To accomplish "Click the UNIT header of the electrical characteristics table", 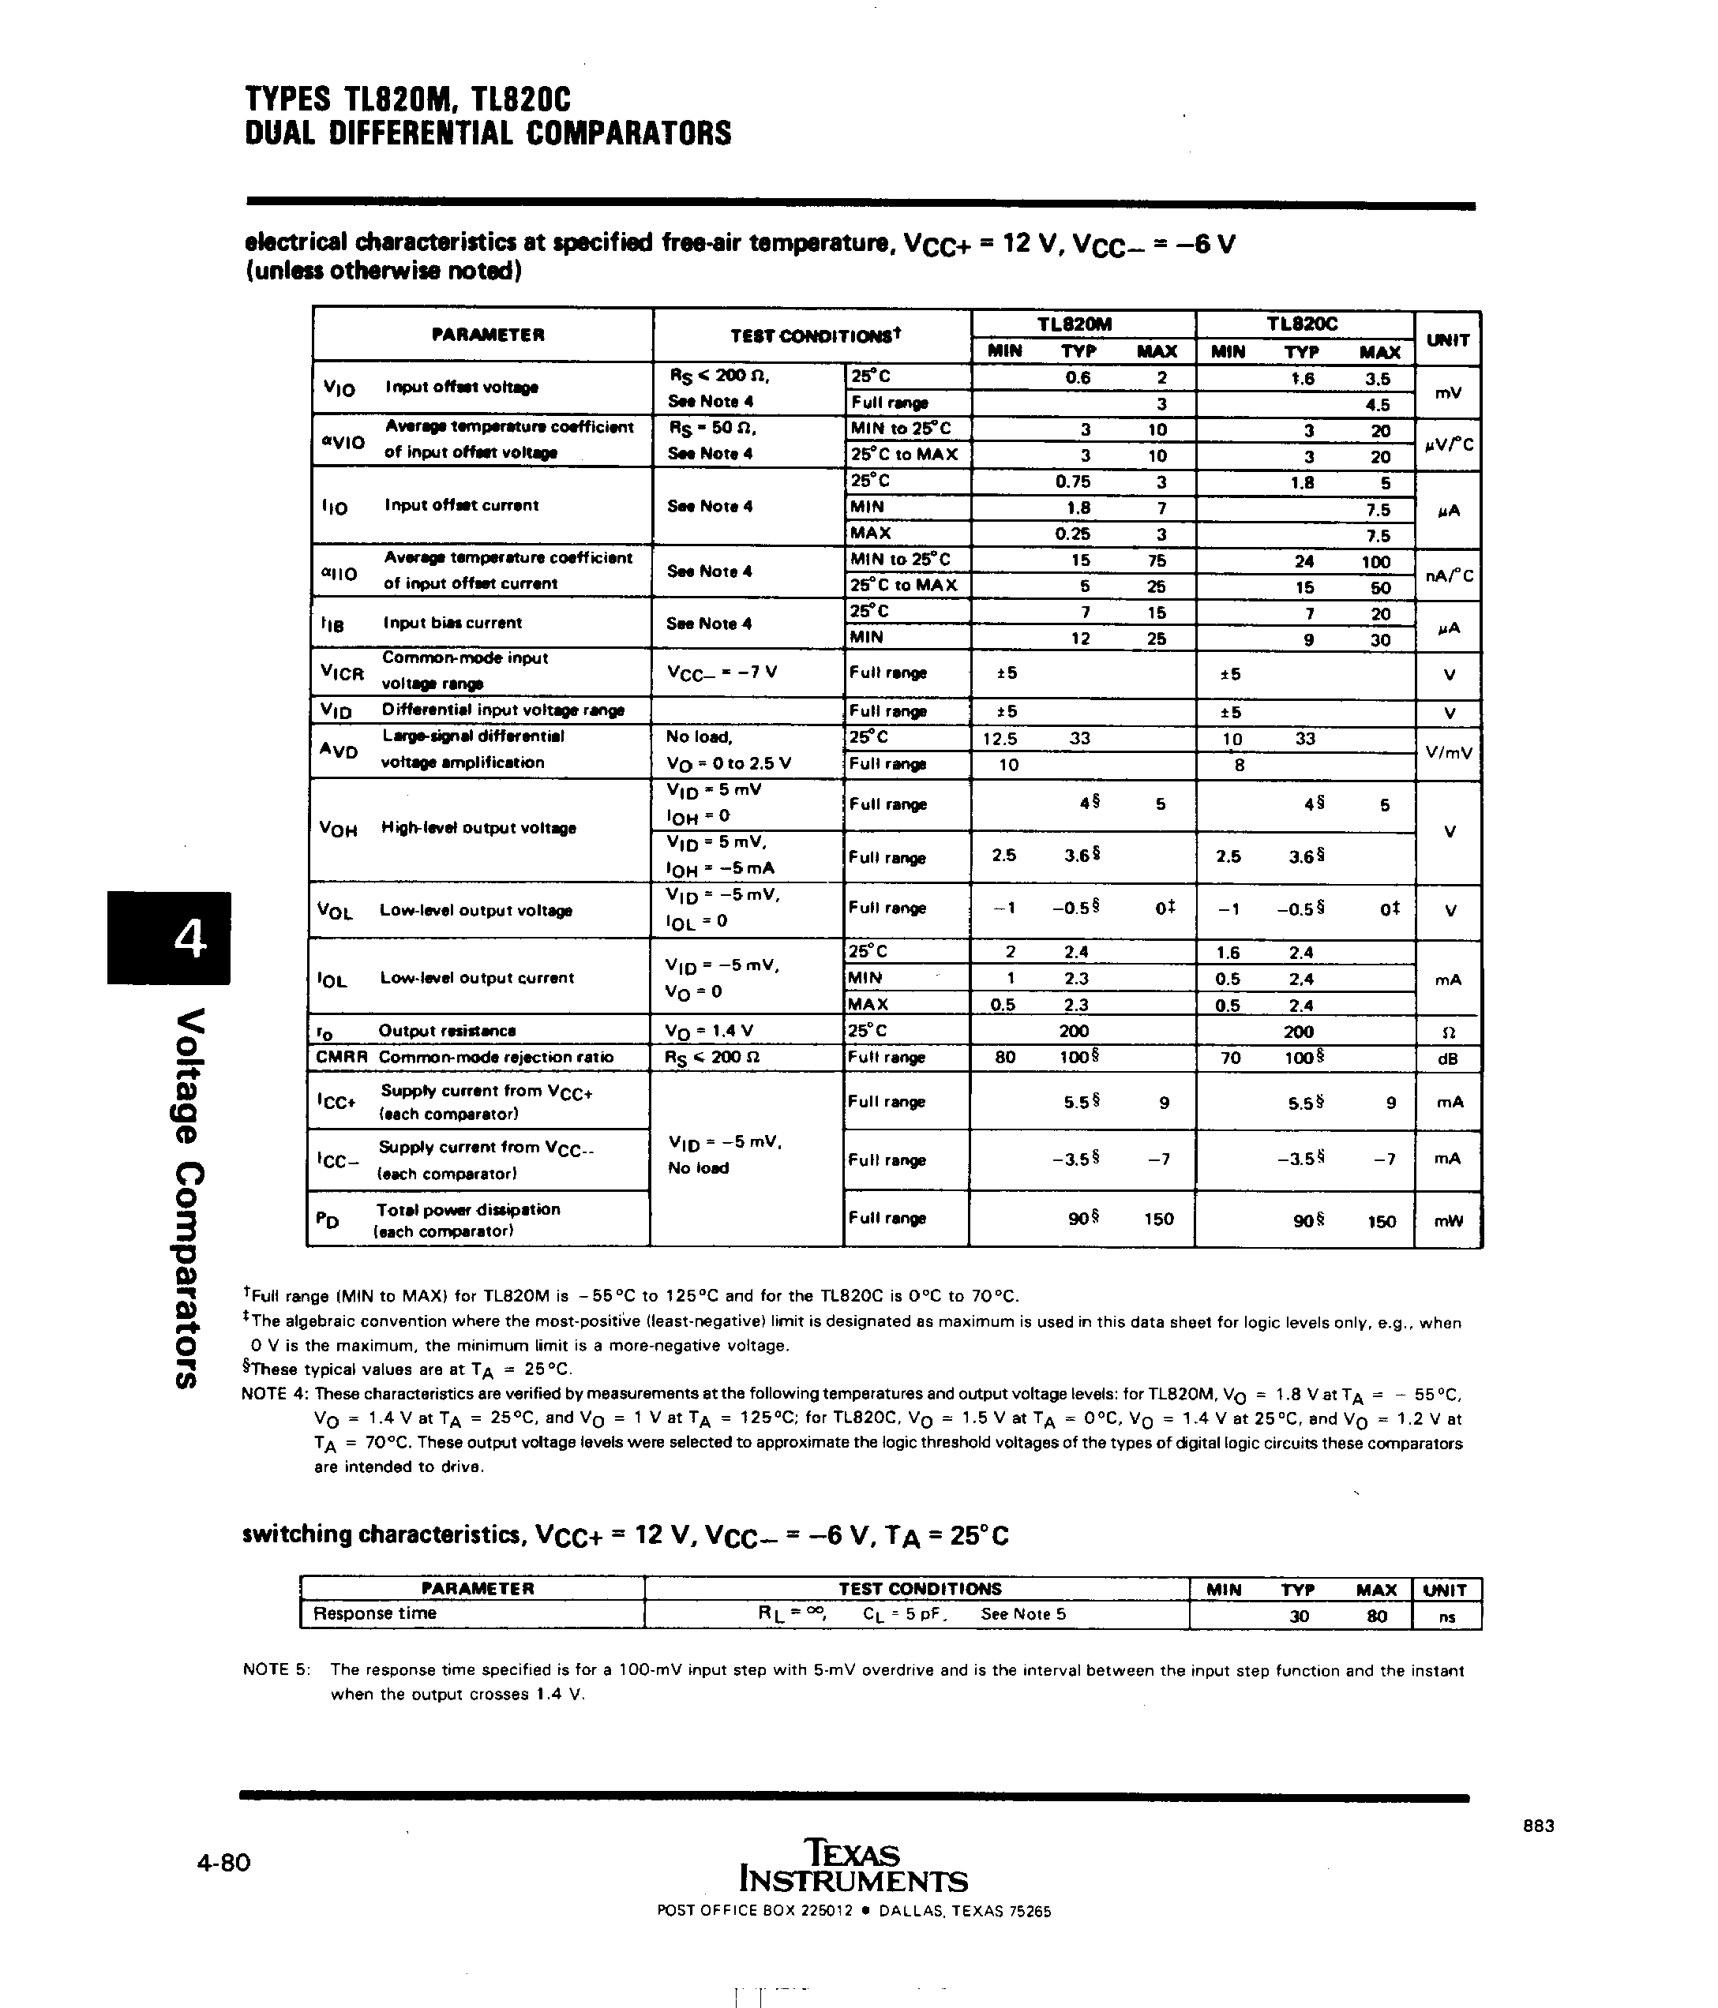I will pyautogui.click(x=1447, y=340).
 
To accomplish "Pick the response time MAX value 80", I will pyautogui.click(x=1376, y=1616).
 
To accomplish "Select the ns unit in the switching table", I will pyautogui.click(x=1446, y=1617).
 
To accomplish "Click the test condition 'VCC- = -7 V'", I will pyautogui.click(x=722, y=672).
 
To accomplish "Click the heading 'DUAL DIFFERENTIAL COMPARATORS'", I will pyautogui.click(x=488, y=133).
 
